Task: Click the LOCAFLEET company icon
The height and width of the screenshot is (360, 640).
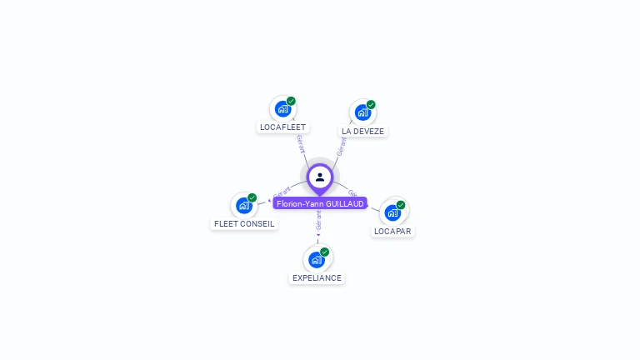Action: coord(282,109)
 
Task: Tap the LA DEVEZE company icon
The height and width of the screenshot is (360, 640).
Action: coord(362,112)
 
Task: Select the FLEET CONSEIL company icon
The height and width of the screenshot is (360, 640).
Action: coord(243,205)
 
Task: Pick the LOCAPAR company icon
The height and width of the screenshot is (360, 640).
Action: coord(392,212)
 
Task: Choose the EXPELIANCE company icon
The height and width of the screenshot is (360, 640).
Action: coord(317,259)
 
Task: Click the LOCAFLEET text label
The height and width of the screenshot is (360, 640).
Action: coord(282,127)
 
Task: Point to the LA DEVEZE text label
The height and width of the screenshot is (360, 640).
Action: coord(362,132)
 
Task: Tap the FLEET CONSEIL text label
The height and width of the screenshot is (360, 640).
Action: coord(244,223)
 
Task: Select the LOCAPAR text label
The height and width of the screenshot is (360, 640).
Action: coord(392,231)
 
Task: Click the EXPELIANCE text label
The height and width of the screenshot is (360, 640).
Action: coord(317,277)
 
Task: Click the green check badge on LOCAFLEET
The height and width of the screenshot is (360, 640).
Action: coord(291,101)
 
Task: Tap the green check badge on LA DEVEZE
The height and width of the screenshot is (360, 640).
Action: coord(371,105)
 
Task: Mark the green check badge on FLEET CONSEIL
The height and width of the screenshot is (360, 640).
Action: coord(252,197)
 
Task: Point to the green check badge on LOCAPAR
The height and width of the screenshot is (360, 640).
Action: coord(401,205)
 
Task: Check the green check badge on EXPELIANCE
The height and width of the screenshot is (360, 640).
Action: coord(325,252)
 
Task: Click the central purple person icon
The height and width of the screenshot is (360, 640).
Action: coord(320,177)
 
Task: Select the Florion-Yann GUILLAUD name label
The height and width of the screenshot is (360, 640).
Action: coord(320,203)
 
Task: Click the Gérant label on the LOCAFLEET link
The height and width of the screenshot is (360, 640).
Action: coord(300,143)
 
